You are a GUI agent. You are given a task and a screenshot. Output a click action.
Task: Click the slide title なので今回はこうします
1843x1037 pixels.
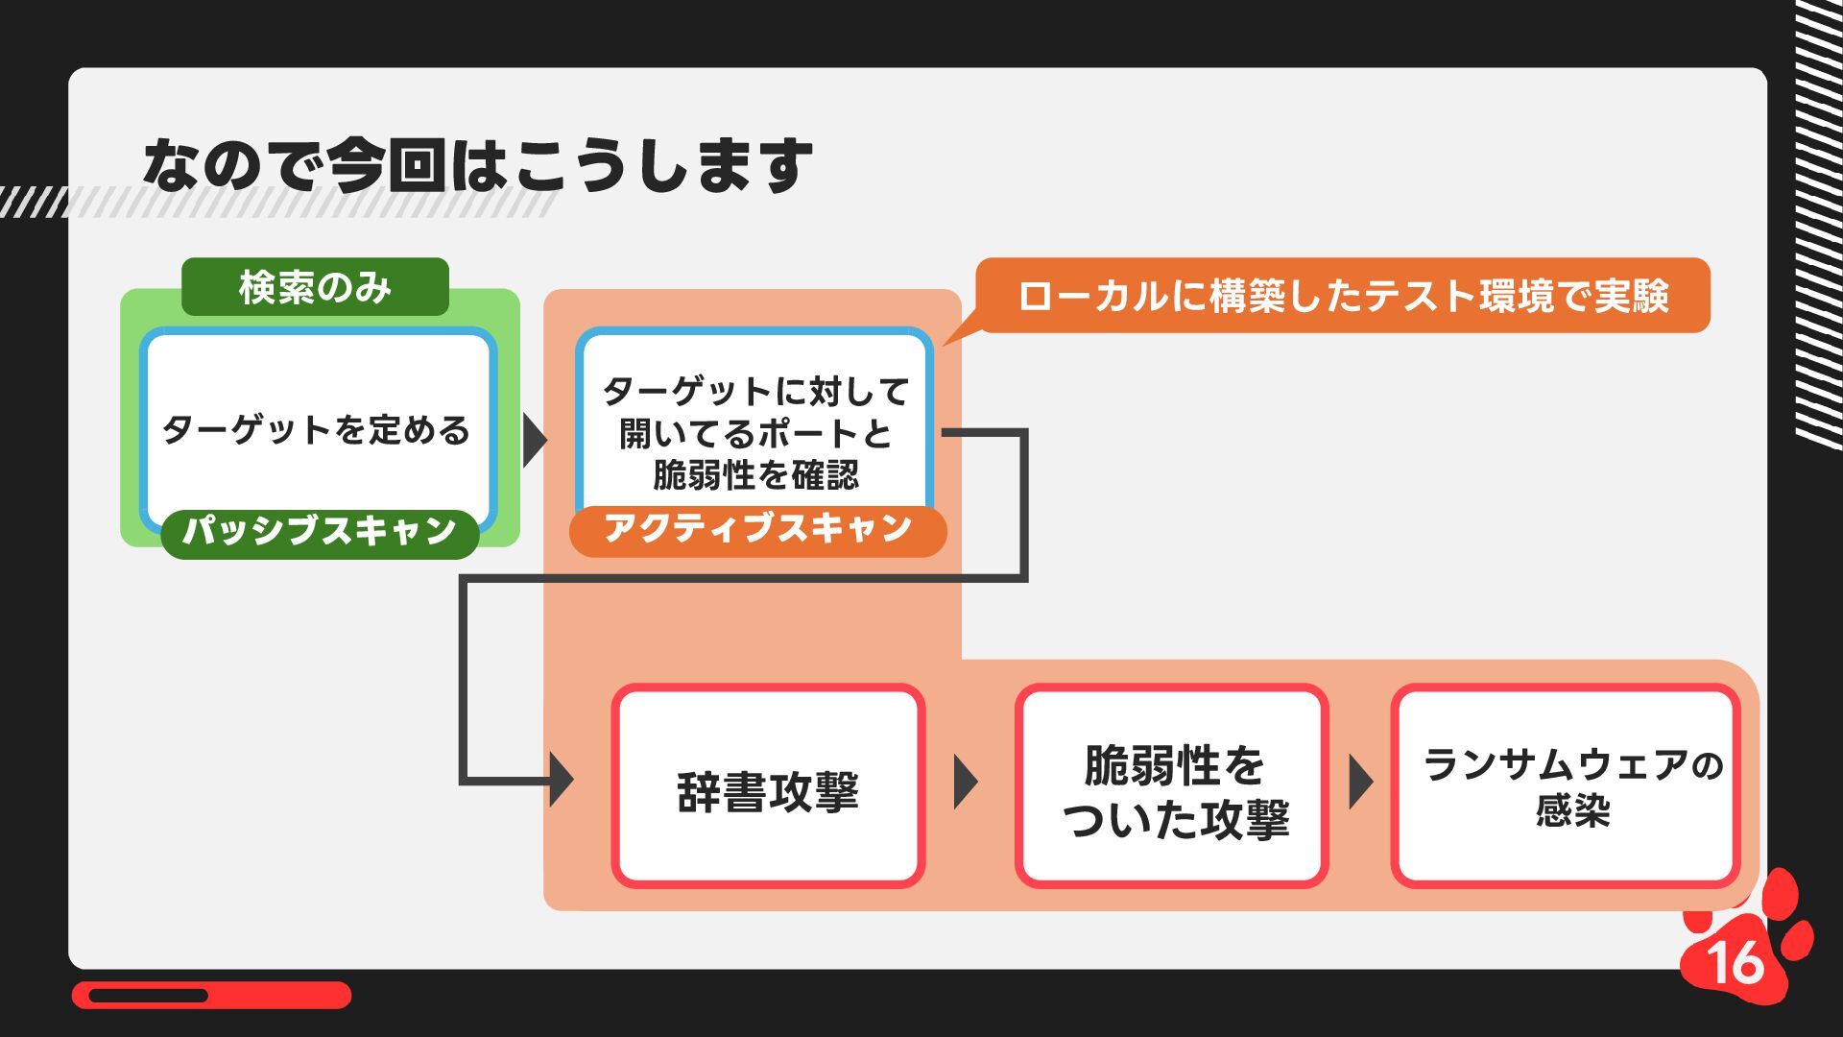477,165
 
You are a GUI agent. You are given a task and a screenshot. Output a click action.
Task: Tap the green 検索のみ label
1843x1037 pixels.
315,287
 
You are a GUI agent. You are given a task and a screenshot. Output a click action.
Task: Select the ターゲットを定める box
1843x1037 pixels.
317,428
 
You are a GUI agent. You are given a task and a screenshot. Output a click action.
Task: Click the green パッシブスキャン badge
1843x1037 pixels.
320,531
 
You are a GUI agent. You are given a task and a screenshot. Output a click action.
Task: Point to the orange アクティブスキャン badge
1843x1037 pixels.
757,529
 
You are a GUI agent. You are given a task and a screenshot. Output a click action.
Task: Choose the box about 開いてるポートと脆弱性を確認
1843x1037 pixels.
754,432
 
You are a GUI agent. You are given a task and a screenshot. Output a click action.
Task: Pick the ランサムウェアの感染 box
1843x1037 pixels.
1566,787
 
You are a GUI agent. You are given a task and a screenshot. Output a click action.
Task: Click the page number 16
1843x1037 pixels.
1735,961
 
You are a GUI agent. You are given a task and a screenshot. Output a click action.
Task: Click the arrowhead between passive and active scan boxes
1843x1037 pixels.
535,441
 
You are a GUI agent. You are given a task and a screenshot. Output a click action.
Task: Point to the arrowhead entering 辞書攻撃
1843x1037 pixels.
561,780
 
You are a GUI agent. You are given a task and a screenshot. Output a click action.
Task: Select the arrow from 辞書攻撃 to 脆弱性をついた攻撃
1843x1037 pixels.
966,782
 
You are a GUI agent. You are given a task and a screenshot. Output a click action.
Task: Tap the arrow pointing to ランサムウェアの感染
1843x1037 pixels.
1360,782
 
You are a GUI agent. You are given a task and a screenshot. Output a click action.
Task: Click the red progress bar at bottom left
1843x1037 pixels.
211,995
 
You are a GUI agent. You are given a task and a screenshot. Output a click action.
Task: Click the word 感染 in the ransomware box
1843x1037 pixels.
1571,811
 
